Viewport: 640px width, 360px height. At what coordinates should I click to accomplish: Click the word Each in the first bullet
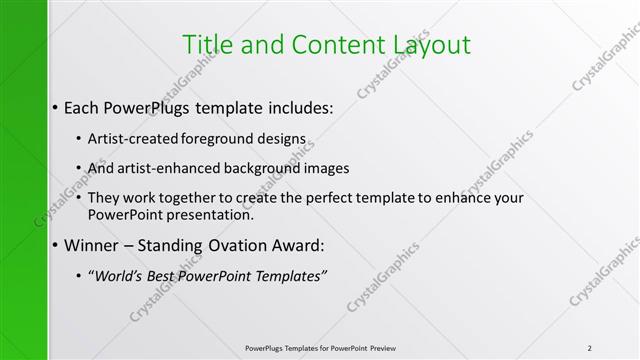pos(81,106)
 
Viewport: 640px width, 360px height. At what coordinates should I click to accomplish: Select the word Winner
pos(93,245)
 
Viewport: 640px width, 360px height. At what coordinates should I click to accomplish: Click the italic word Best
pos(163,276)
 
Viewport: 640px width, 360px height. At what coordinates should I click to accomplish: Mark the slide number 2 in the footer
pos(590,348)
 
